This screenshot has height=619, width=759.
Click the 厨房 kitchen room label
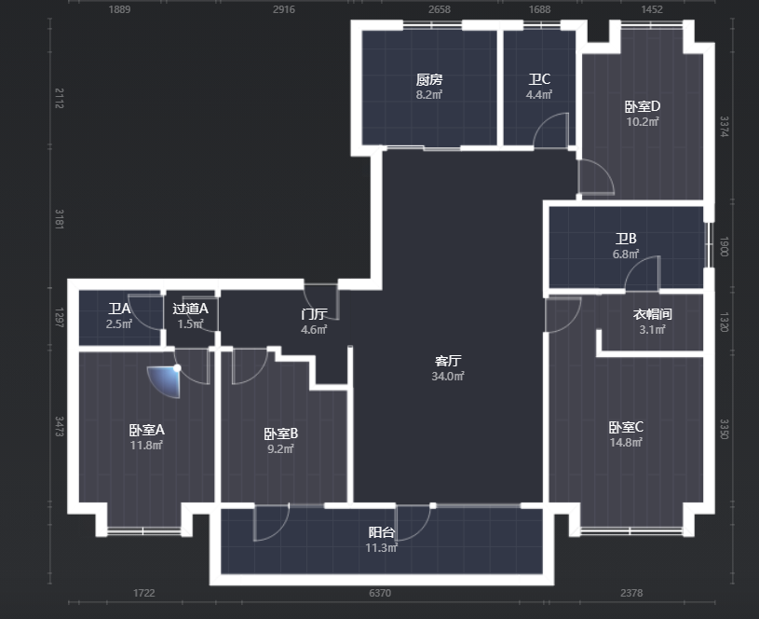pyautogui.click(x=429, y=79)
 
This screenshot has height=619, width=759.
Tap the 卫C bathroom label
pyautogui.click(x=539, y=79)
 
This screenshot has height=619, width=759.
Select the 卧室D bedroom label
pyautogui.click(x=643, y=106)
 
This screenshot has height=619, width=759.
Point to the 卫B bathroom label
pyautogui.click(x=626, y=239)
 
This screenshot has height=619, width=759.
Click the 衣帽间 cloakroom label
pyautogui.click(x=653, y=314)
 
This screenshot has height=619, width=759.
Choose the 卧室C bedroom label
pyautogui.click(x=626, y=427)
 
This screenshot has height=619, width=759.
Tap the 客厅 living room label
pyautogui.click(x=448, y=361)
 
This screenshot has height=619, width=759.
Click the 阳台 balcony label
pyautogui.click(x=382, y=532)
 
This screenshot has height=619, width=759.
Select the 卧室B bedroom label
pyautogui.click(x=280, y=433)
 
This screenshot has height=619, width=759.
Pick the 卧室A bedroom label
pyautogui.click(x=146, y=430)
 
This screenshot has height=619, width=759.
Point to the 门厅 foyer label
pyautogui.click(x=314, y=314)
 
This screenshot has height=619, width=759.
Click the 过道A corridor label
pyautogui.click(x=190, y=309)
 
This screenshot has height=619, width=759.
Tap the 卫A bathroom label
pyautogui.click(x=119, y=309)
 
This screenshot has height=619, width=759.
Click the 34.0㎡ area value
pyautogui.click(x=448, y=376)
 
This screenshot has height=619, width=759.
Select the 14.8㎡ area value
pyautogui.click(x=626, y=443)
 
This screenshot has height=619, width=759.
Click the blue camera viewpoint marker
pyautogui.click(x=166, y=380)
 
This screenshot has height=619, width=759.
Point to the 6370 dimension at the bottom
pyautogui.click(x=380, y=593)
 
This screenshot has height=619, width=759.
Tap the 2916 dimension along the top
pyautogui.click(x=284, y=9)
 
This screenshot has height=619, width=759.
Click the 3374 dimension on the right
pyautogui.click(x=725, y=127)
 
